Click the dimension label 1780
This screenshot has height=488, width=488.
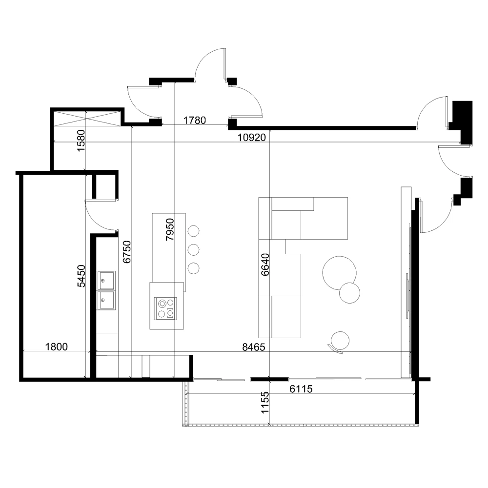tap(195, 120)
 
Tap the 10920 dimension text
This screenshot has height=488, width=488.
tap(252, 138)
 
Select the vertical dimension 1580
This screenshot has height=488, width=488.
tap(81, 141)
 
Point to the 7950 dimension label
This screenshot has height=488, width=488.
tap(170, 230)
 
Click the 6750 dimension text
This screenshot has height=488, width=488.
tap(127, 252)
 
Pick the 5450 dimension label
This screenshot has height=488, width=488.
tap(81, 276)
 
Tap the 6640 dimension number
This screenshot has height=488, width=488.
tap(265, 265)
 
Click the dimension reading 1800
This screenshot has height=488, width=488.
tap(56, 346)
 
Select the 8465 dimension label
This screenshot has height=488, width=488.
tap(254, 347)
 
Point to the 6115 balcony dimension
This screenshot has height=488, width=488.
tap(301, 389)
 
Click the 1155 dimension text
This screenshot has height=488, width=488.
tap(265, 403)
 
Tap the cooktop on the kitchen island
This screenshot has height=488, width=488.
tap(165, 308)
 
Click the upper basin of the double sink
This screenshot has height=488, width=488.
tap(106, 281)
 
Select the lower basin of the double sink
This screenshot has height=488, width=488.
tap(106, 300)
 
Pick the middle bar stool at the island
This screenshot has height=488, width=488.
tap(194, 249)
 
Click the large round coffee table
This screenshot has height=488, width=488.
tap(339, 273)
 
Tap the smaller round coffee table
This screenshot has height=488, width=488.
tap(349, 293)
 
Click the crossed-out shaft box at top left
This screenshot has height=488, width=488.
tap(86, 119)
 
